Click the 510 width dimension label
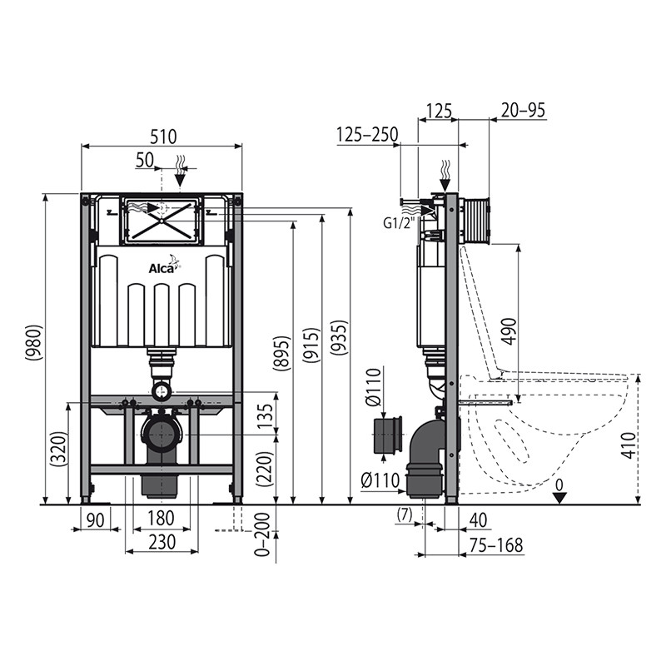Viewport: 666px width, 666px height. (163, 137)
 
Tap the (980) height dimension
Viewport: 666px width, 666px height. (34, 343)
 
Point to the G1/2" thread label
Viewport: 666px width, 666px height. (399, 223)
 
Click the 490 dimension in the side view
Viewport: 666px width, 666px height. (509, 331)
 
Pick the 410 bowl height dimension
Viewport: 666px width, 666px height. (629, 445)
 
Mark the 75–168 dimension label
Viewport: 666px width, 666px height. (497, 545)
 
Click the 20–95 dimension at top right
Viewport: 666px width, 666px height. (523, 111)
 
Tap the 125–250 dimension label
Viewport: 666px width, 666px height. (367, 135)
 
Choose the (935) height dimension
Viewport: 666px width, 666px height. (340, 337)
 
